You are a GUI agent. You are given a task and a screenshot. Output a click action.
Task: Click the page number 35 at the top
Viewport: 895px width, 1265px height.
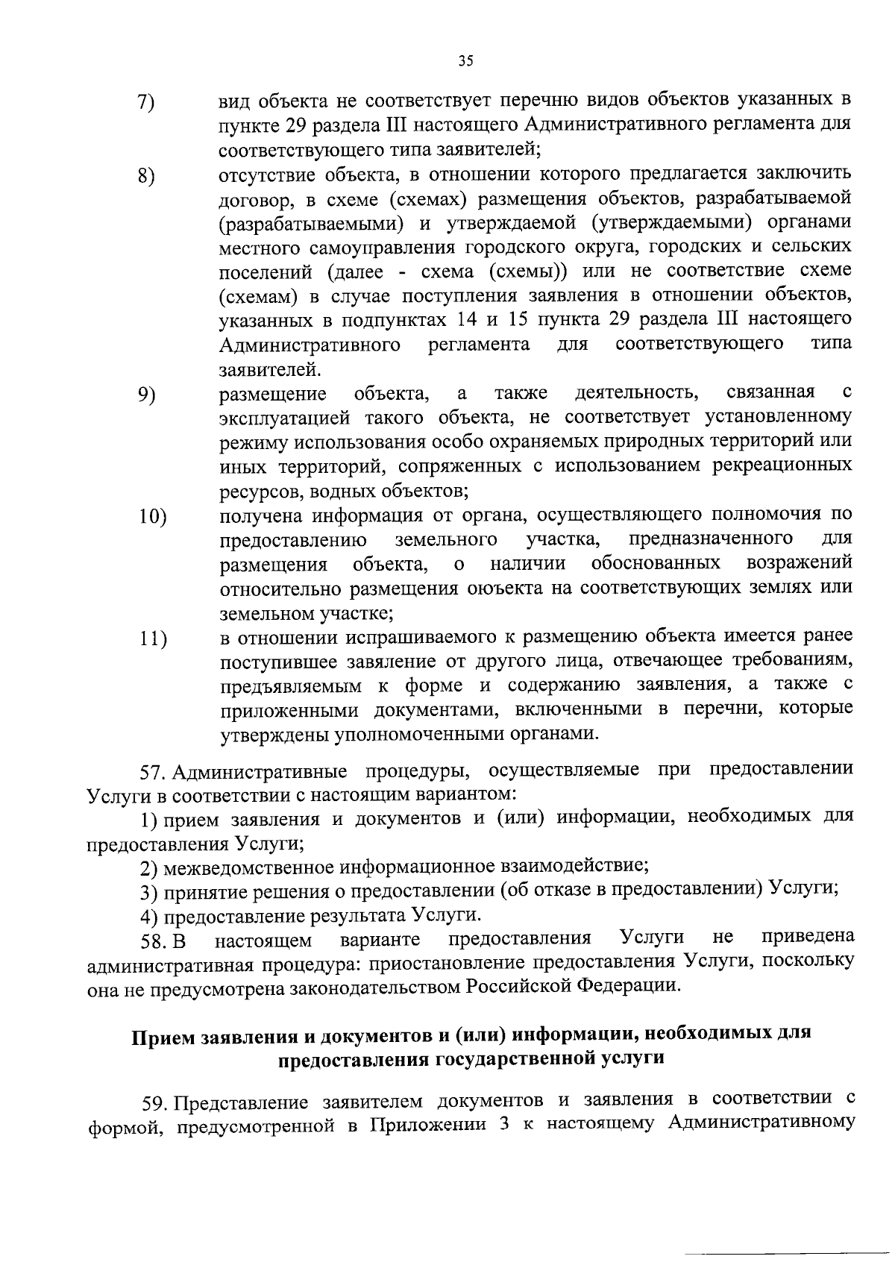[x=466, y=62]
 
